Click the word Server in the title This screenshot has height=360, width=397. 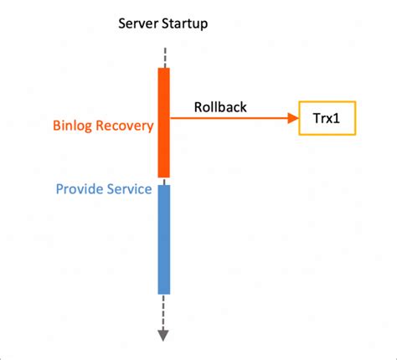138,23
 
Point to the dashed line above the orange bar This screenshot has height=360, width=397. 164,57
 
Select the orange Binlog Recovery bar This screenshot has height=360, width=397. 164,122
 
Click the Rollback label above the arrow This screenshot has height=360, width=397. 220,107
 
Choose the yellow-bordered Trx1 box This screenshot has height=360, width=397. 327,120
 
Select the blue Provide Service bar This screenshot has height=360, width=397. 164,239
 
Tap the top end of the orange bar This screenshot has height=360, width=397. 164,69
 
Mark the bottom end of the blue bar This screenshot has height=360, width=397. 164,292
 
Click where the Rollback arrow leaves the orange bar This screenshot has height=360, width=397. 172,120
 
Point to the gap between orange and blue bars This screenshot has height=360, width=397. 164,181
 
